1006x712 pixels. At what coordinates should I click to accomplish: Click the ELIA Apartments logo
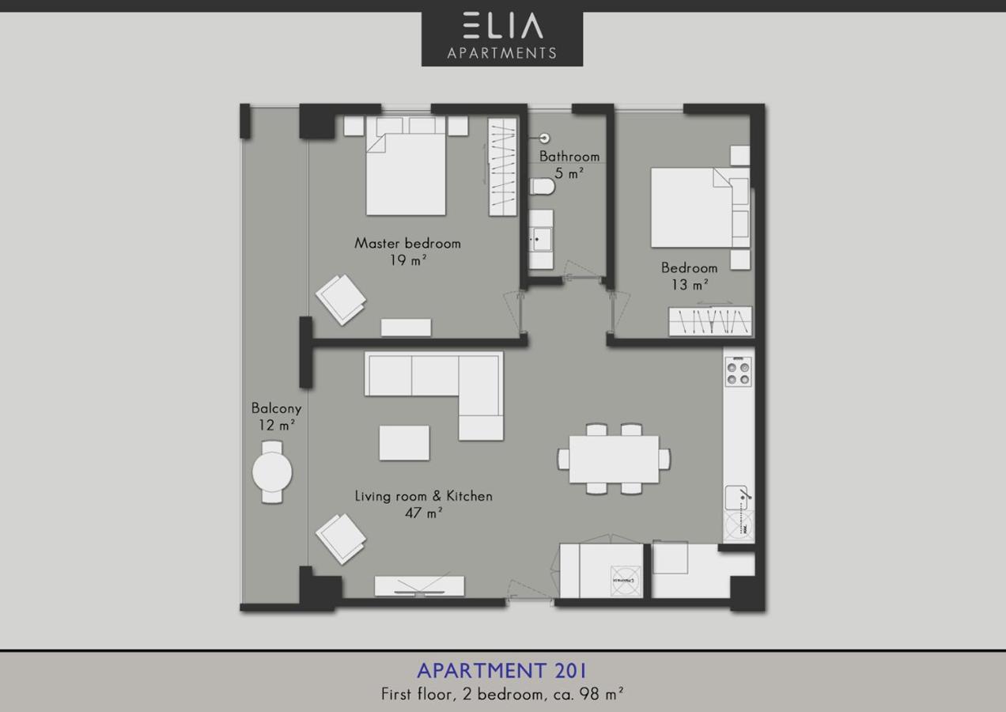[x=502, y=39]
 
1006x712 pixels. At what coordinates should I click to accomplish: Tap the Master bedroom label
[x=407, y=244]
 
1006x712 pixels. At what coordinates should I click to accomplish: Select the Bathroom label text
[x=569, y=157]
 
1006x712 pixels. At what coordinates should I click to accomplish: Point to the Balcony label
[x=276, y=408]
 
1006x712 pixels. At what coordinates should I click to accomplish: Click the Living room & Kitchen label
[x=423, y=496]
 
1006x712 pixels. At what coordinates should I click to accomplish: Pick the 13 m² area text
[x=690, y=285]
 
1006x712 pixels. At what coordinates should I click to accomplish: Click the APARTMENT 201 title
[x=501, y=671]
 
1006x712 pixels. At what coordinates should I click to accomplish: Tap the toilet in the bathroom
[x=543, y=187]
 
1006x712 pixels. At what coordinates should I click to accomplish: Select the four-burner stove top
[x=739, y=372]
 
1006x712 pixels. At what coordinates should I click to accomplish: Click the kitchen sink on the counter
[x=736, y=498]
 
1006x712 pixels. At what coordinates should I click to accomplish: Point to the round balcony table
[x=272, y=472]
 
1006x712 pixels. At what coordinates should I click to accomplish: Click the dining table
[x=614, y=459]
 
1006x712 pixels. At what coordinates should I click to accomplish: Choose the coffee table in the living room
[x=404, y=443]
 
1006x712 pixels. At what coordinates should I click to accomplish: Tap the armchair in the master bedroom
[x=341, y=300]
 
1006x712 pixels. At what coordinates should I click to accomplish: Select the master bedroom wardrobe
[x=502, y=167]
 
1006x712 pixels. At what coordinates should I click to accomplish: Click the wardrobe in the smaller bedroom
[x=710, y=321]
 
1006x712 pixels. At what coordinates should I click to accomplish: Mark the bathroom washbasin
[x=541, y=240]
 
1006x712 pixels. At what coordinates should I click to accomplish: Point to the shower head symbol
[x=545, y=138]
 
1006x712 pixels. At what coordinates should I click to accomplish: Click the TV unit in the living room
[x=419, y=586]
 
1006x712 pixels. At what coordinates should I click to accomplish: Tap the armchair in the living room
[x=341, y=539]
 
